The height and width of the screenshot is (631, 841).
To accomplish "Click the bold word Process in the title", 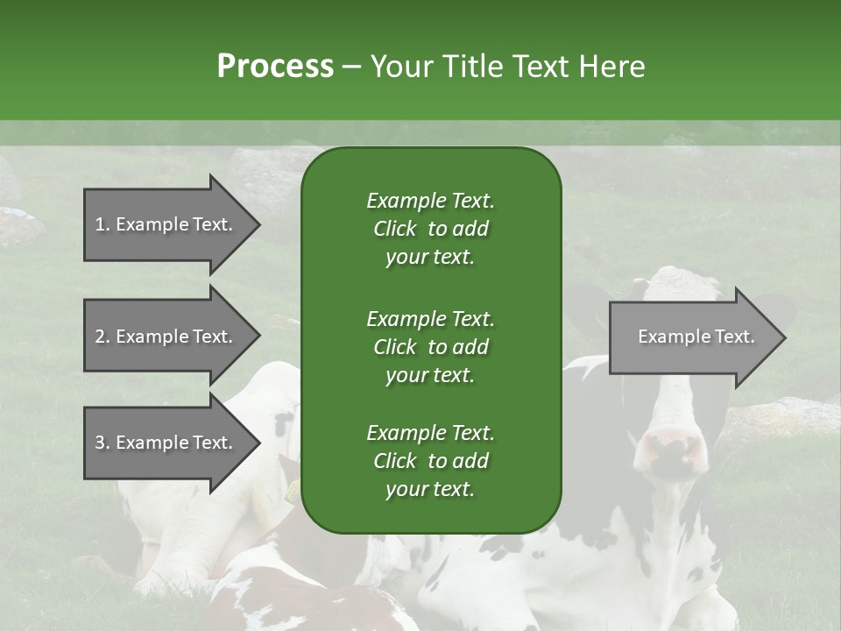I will pos(275,67).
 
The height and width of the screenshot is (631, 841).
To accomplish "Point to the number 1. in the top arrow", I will pos(102,224).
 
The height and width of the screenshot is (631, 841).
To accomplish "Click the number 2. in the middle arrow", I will pos(102,337).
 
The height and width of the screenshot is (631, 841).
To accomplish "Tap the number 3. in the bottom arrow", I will pos(102,443).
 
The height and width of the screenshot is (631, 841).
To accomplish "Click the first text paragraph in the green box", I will pos(430,229).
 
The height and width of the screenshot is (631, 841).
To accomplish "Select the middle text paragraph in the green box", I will pos(430,347).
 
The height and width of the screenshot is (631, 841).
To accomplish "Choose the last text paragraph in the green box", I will pos(430,461).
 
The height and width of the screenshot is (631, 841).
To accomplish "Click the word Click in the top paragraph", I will pos(394,229).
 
